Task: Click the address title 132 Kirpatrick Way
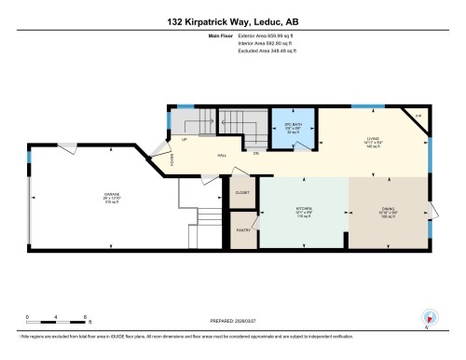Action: point(233,21)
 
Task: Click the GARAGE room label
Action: point(112,198)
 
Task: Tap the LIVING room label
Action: point(373,142)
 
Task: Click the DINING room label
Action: point(390,212)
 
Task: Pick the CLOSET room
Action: point(241,193)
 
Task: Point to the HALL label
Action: point(222,155)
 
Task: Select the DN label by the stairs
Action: point(256,152)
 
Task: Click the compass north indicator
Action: point(428,316)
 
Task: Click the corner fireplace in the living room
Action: point(418,117)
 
